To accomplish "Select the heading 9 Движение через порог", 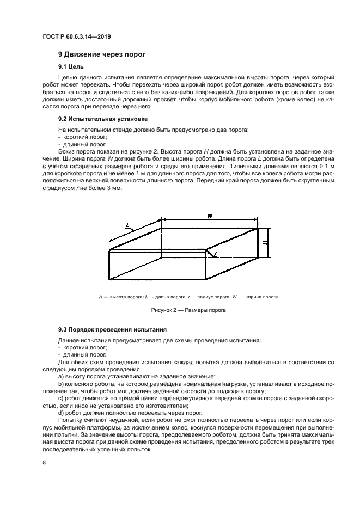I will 102,54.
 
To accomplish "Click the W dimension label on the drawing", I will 209,217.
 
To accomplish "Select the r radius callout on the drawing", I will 216,254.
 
